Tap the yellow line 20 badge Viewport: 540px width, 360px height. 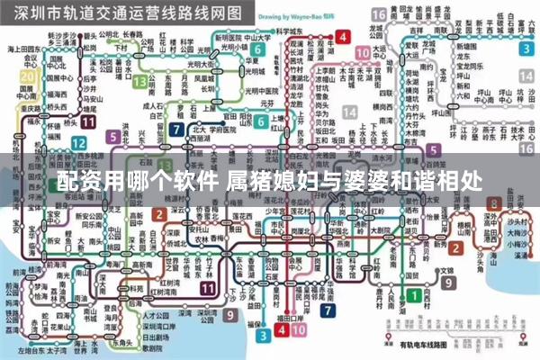[27, 78]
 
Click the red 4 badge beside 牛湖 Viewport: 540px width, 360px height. [342, 37]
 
